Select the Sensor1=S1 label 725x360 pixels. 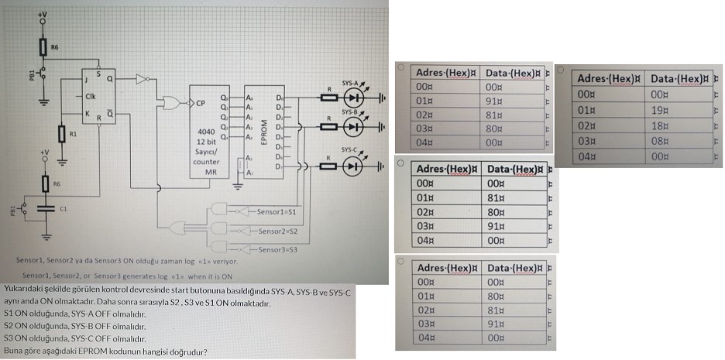(x=271, y=211)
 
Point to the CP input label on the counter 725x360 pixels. (x=201, y=102)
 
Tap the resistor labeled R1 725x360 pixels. (x=63, y=134)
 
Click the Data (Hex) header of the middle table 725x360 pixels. (x=510, y=169)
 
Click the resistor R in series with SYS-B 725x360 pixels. (x=329, y=124)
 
